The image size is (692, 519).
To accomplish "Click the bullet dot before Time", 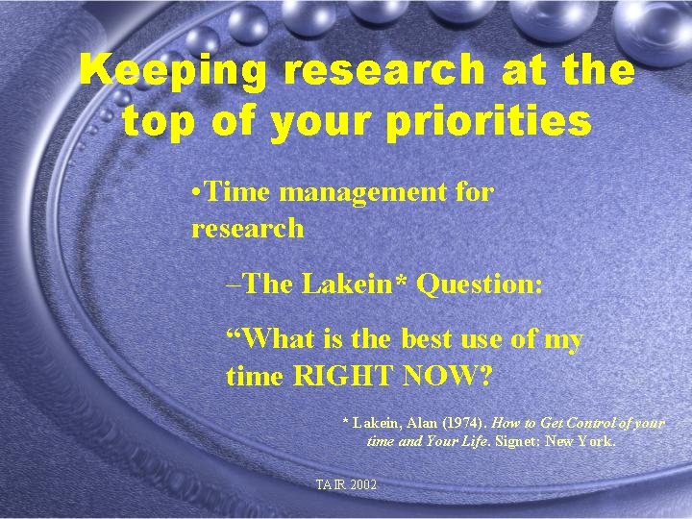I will [196, 192].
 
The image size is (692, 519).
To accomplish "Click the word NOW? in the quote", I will [450, 375].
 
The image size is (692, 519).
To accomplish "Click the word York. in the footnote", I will [595, 442].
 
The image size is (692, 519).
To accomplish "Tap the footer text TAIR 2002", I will [346, 484].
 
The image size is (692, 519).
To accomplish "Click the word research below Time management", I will [247, 229].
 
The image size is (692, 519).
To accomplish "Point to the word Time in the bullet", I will [238, 192].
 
